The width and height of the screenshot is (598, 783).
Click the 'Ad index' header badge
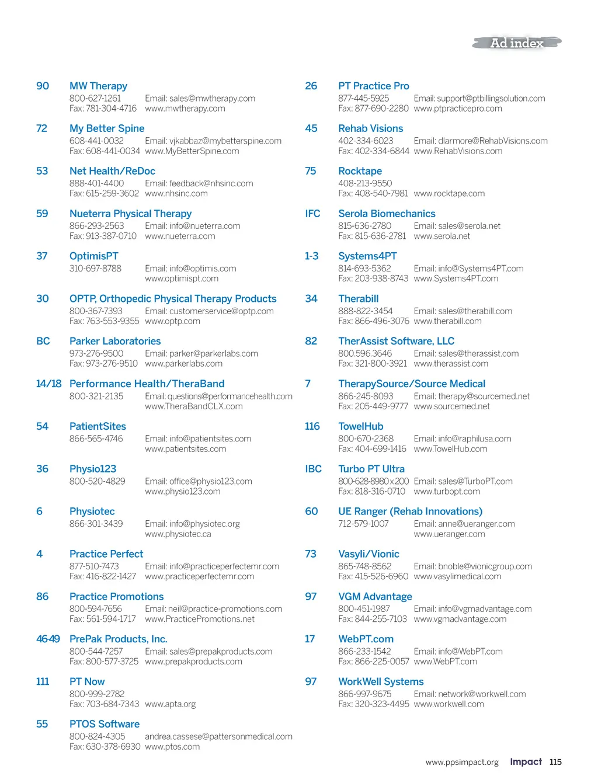517,43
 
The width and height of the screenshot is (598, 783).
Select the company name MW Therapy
98,86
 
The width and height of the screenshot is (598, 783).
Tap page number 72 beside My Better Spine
41,128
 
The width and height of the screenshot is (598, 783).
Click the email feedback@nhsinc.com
199,183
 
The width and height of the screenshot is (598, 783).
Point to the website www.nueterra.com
180,236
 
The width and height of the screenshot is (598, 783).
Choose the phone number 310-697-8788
95,269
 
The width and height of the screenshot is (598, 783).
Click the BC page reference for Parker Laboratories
43,341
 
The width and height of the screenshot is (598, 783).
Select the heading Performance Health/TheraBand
147,384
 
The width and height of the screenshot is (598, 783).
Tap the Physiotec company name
92,511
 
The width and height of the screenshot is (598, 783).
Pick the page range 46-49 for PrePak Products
48,639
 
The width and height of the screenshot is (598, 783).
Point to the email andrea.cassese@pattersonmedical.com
218,737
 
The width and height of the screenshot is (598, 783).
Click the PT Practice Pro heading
374,86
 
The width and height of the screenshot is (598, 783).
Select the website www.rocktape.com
449,194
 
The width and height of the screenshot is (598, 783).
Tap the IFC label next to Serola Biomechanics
312,214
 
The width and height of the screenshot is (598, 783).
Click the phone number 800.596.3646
365,354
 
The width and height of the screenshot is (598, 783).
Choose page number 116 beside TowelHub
312,426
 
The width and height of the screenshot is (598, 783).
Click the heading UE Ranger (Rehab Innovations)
410,511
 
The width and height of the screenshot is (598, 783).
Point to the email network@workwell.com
470,694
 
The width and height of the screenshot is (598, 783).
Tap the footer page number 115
555,762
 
